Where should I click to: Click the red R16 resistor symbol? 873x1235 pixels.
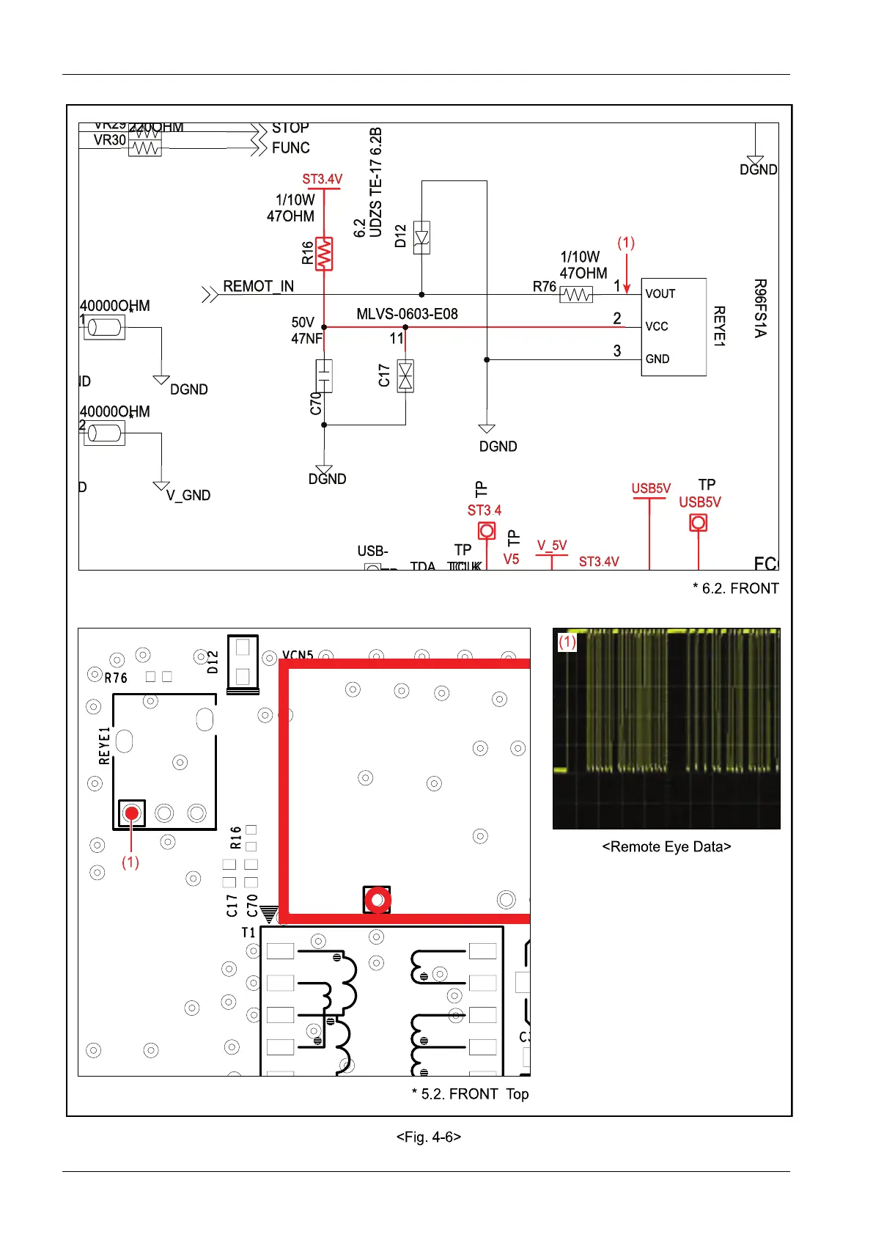click(x=324, y=254)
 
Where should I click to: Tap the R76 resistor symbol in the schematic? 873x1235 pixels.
click(x=576, y=294)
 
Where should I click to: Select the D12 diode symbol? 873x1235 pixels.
click(x=421, y=238)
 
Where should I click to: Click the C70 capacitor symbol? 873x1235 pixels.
click(x=324, y=375)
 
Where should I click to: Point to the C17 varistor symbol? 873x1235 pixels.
click(x=405, y=375)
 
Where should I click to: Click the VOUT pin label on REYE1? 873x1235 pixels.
click(x=660, y=294)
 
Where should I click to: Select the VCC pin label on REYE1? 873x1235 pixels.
click(x=657, y=326)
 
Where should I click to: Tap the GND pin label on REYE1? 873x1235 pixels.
click(x=657, y=359)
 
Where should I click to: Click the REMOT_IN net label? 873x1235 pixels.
click(x=258, y=286)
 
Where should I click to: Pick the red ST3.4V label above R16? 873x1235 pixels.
click(x=322, y=179)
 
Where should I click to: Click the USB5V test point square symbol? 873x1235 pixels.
click(x=699, y=523)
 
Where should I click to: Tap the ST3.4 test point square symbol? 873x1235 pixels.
click(x=487, y=530)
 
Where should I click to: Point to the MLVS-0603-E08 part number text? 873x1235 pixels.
click(x=407, y=314)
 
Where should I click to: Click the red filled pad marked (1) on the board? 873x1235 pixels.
click(x=132, y=813)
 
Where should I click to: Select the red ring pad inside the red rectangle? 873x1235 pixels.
click(x=377, y=900)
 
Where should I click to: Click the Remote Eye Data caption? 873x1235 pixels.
click(x=666, y=847)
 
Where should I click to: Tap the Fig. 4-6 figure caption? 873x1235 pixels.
click(x=429, y=1137)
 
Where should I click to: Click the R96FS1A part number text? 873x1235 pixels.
click(x=760, y=308)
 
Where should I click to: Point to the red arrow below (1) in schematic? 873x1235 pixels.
click(x=626, y=274)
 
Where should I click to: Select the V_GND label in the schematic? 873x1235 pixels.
click(x=188, y=496)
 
